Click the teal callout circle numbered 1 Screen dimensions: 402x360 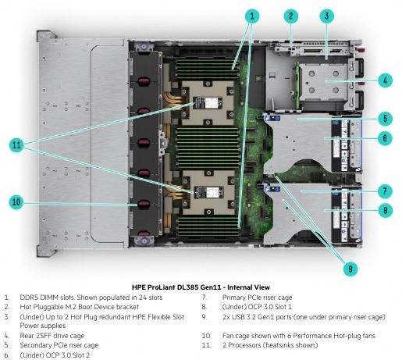pyautogui.click(x=251, y=16)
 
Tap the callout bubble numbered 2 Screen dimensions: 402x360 pyautogui.click(x=291, y=16)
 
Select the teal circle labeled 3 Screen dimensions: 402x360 pyautogui.click(x=327, y=16)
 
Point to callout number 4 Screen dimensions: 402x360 pyautogui.click(x=385, y=80)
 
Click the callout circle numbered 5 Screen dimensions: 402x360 pyautogui.click(x=385, y=119)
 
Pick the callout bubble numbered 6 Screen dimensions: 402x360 pyautogui.click(x=385, y=138)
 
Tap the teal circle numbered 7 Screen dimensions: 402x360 pyautogui.click(x=385, y=191)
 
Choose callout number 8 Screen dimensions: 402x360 pyautogui.click(x=385, y=210)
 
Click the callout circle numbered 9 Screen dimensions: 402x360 pyautogui.click(x=350, y=269)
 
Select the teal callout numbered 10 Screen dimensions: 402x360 pyautogui.click(x=16, y=202)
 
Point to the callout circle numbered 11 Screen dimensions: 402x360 pyautogui.click(x=16, y=144)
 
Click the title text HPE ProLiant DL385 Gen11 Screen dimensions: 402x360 pyautogui.click(x=177, y=287)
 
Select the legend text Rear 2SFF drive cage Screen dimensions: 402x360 pyautogui.click(x=52, y=336)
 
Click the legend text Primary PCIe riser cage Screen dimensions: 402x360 pyautogui.click(x=257, y=298)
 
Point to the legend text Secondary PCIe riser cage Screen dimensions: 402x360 pyautogui.click(x=59, y=345)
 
